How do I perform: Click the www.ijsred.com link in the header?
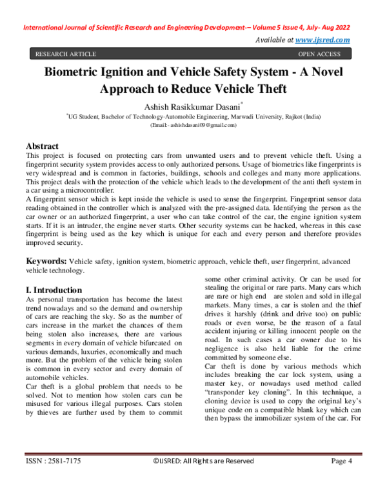click(x=322, y=40)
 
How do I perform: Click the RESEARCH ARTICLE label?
click(x=66, y=54)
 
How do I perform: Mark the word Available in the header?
click(x=277, y=40)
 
